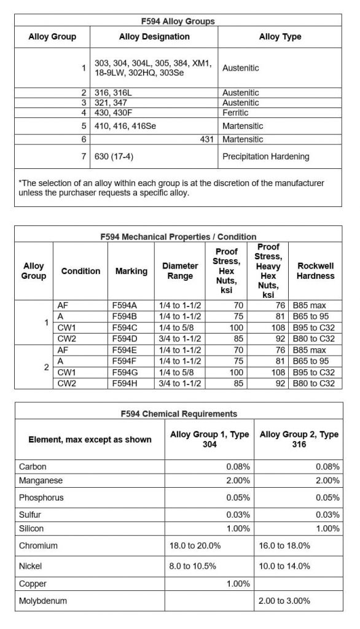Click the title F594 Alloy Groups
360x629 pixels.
[x=178, y=21]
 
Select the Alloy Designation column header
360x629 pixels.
[x=154, y=37]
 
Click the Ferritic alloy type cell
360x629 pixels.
[x=236, y=113]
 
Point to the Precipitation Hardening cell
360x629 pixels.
[x=265, y=157]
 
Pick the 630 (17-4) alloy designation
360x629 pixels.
[x=114, y=157]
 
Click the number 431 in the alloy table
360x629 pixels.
[x=207, y=139]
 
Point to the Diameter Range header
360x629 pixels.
[x=180, y=271]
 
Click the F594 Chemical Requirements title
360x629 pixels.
[x=179, y=414]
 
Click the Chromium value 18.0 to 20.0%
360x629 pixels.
[x=195, y=545]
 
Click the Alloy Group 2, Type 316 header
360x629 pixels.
[x=299, y=439]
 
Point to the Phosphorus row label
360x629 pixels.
[x=42, y=498]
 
